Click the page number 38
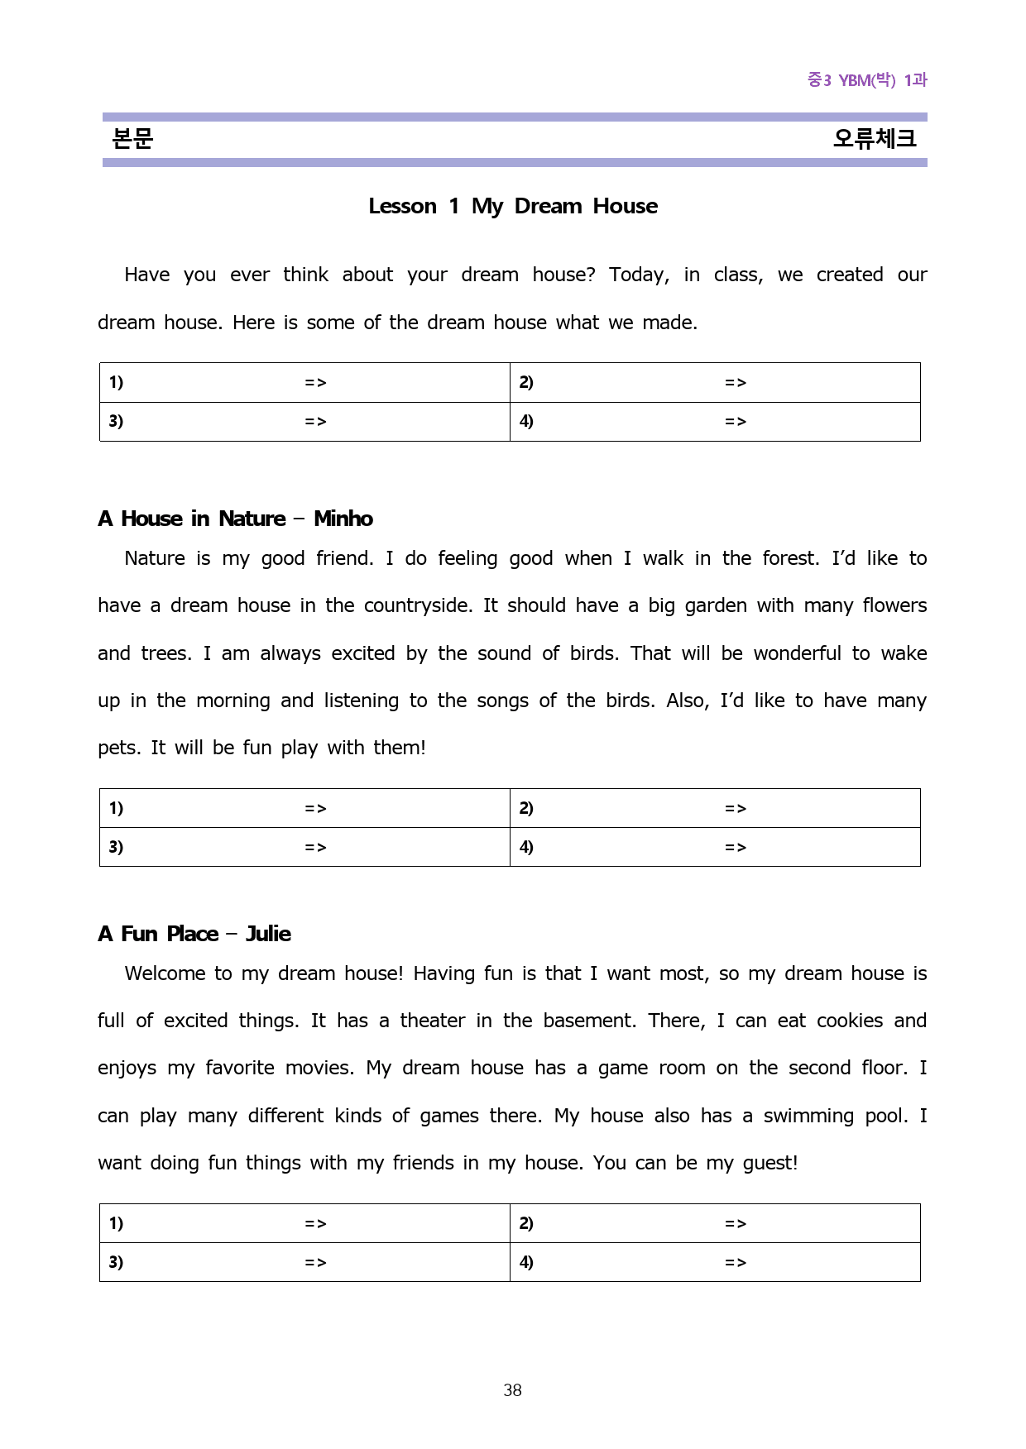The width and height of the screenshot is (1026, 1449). [x=512, y=1390]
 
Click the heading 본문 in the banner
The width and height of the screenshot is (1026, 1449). [x=132, y=138]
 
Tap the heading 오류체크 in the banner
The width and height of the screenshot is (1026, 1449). [x=874, y=138]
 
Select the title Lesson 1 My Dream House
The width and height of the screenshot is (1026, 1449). [x=513, y=206]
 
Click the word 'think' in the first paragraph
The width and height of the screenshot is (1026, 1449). [x=305, y=275]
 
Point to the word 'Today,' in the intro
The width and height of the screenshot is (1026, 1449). [x=639, y=275]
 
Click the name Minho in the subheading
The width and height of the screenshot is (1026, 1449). [x=343, y=519]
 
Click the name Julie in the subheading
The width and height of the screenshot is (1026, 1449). [x=268, y=934]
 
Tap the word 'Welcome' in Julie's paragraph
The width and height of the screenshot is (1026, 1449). [x=165, y=973]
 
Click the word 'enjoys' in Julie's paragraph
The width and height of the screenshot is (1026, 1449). [x=127, y=1068]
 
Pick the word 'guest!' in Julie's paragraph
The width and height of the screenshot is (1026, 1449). [x=770, y=1163]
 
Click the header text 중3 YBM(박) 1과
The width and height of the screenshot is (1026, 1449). [x=867, y=80]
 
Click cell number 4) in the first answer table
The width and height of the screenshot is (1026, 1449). [x=526, y=421]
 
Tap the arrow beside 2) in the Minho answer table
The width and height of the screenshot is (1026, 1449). [x=736, y=808]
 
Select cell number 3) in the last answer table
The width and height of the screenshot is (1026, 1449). [x=116, y=1262]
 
